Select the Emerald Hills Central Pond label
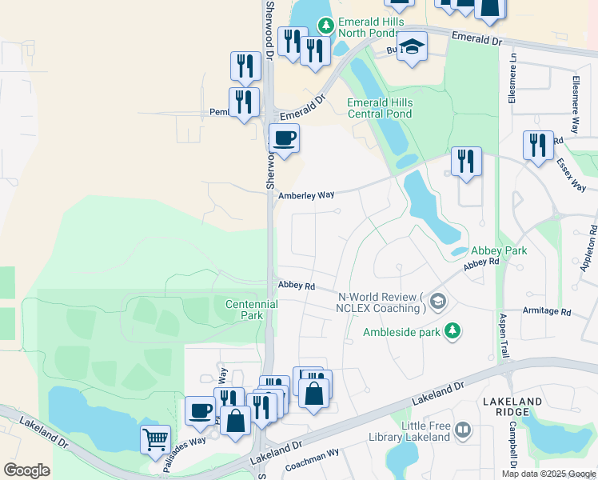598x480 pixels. tap(380, 108)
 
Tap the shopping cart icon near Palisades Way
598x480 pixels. tap(155, 438)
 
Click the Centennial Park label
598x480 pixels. tap(252, 310)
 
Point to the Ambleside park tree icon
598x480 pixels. tap(452, 330)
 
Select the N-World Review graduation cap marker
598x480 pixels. tap(437, 302)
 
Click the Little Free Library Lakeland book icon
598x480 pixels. tap(463, 431)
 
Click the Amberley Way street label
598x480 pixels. tap(305, 195)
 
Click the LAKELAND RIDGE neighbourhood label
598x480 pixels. tap(512, 406)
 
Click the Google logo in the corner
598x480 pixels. tap(26, 470)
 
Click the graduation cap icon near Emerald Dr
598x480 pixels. tap(412, 47)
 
